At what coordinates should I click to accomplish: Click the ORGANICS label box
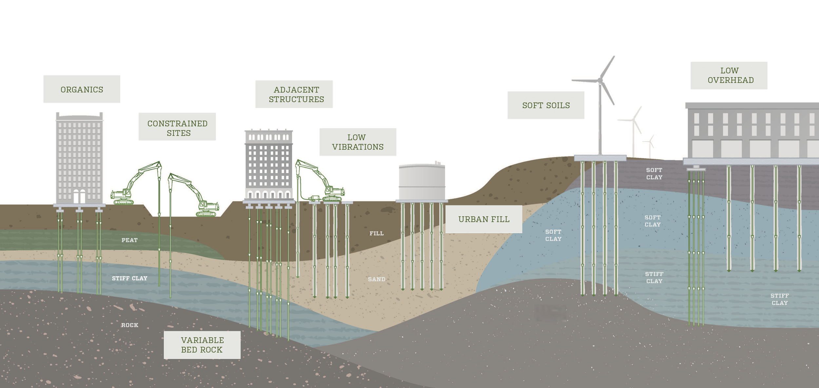82,89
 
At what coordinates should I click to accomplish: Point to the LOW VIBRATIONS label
358,142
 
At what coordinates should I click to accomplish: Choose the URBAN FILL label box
484,219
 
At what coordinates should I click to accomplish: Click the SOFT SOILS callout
546,105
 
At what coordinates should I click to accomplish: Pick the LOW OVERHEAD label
729,75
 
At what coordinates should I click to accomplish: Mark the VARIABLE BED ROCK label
202,345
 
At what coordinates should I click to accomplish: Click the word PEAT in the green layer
129,240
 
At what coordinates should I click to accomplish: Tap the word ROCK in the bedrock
130,325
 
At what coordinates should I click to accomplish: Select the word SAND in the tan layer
376,279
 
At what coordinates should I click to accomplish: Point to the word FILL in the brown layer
376,233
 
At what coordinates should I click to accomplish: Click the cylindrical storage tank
422,182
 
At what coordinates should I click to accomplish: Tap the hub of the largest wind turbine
600,80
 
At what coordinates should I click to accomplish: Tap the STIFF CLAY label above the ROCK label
129,278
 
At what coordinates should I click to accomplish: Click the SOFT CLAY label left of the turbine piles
553,235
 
